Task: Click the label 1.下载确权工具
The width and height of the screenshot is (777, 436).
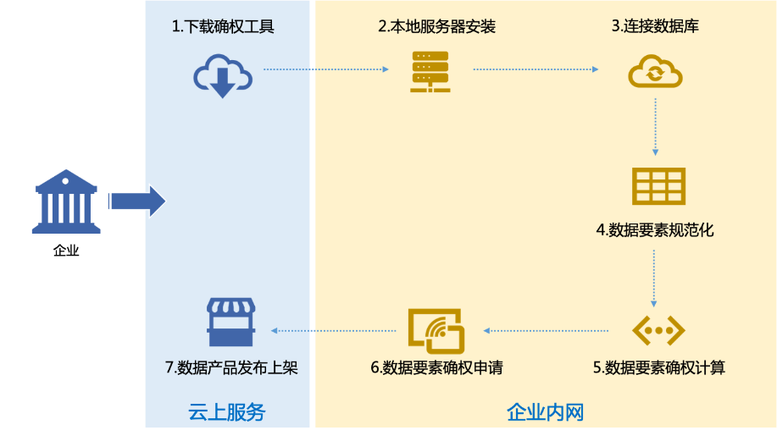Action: (x=223, y=27)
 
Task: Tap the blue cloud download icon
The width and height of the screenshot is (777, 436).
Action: (x=223, y=75)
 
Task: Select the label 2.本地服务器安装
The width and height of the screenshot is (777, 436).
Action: (x=436, y=27)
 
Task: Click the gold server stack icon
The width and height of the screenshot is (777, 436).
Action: (x=430, y=71)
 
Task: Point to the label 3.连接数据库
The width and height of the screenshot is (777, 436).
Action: (x=655, y=27)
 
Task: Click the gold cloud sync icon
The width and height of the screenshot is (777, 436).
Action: (x=655, y=72)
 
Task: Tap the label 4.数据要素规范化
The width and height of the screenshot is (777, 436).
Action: (x=655, y=229)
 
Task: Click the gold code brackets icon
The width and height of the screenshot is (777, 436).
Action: (x=658, y=330)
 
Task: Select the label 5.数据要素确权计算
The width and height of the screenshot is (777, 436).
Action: (x=658, y=367)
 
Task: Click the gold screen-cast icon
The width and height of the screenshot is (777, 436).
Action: (x=436, y=330)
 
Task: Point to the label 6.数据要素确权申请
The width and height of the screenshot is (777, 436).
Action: (x=436, y=367)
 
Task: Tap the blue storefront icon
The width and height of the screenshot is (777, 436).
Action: (x=231, y=323)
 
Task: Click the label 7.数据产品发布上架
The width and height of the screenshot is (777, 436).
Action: (x=231, y=367)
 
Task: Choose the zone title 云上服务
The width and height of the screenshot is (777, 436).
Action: (x=226, y=413)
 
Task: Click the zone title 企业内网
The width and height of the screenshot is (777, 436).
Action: (x=545, y=413)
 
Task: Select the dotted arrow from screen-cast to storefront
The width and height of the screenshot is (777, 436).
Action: (x=334, y=330)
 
